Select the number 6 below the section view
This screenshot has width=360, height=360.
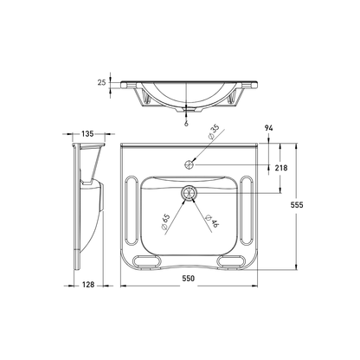186,122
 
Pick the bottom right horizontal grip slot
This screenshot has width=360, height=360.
231,260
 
